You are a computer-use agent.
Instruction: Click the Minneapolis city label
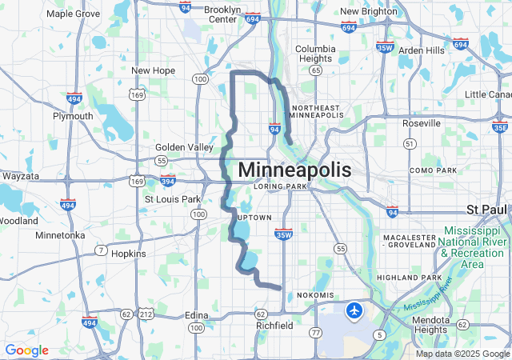click(x=294, y=170)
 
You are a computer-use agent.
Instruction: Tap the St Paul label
click(x=487, y=210)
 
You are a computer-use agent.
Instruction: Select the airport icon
click(x=354, y=309)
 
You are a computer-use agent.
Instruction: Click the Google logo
click(x=26, y=350)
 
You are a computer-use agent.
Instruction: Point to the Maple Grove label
click(x=73, y=14)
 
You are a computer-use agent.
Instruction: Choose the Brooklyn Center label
click(x=222, y=14)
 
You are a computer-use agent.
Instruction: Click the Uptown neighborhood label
click(x=254, y=218)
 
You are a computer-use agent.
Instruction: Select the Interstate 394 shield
click(x=167, y=181)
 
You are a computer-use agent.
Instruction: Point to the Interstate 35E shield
click(x=500, y=126)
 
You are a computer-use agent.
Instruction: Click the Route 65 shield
click(x=317, y=70)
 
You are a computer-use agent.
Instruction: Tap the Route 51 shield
click(x=410, y=144)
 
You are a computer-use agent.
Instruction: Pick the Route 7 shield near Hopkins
click(x=101, y=250)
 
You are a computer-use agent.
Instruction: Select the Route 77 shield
click(x=316, y=332)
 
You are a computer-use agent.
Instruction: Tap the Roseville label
click(x=422, y=123)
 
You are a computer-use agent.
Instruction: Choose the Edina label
click(x=196, y=314)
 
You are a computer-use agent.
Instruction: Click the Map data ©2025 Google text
click(x=462, y=354)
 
